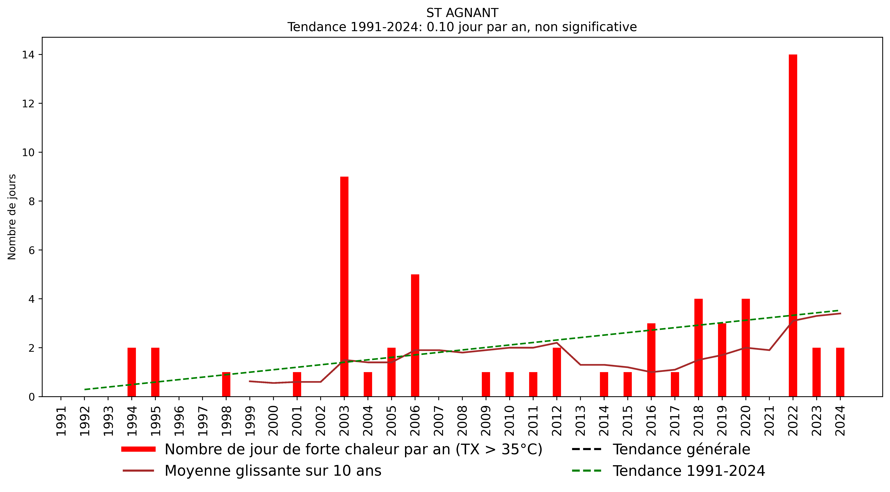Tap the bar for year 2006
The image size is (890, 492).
click(415, 335)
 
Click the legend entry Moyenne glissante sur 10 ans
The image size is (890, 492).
click(273, 471)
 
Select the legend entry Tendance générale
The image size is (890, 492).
click(681, 449)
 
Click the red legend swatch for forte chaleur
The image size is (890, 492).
click(138, 449)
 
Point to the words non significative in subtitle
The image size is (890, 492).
click(586, 27)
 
